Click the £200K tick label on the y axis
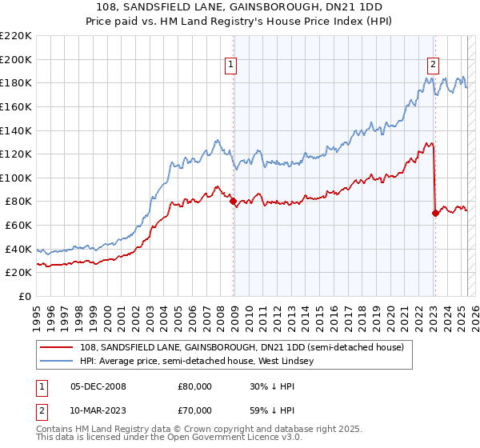pos(16,59)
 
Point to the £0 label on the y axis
pos(24,297)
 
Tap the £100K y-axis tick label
pos(16,178)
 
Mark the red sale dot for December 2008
pos(234,202)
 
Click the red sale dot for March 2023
pos(435,213)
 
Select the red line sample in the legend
pos(57,347)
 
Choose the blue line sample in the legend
pos(57,361)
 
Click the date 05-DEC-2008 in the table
pos(98,386)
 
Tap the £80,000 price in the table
pos(194,386)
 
